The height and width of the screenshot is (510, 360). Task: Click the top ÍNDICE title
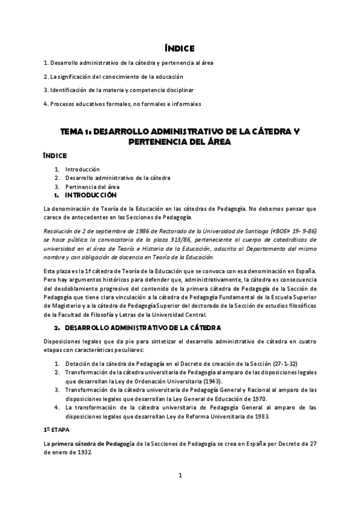point(180,48)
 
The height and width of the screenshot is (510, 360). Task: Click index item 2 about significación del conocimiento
point(113,76)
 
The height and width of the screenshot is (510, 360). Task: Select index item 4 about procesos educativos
point(122,103)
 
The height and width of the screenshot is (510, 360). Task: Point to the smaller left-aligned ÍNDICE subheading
point(54,155)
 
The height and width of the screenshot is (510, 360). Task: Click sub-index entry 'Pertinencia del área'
point(93,186)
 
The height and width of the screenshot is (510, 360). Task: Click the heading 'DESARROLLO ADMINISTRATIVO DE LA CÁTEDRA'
point(142,328)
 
